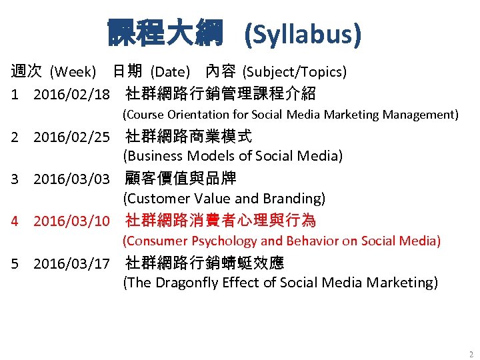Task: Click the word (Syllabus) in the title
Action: click(x=303, y=33)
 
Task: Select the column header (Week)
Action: click(x=73, y=71)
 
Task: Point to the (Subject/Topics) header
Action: click(x=294, y=71)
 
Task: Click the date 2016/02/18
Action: click(x=71, y=93)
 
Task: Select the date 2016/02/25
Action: click(x=71, y=137)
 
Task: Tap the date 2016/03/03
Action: click(x=71, y=179)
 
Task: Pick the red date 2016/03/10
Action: click(x=71, y=221)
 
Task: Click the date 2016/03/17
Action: click(x=71, y=263)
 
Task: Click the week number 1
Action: click(x=15, y=93)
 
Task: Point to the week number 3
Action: click(x=15, y=179)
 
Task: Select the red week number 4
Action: click(x=15, y=221)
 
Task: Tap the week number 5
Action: click(x=15, y=263)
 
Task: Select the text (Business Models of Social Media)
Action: click(x=233, y=156)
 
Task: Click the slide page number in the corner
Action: click(x=471, y=354)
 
